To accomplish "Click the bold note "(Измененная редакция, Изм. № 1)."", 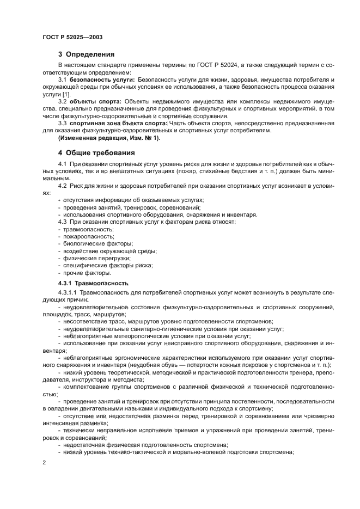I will click(x=109, y=138).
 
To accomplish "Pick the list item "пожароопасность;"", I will click(x=81, y=236).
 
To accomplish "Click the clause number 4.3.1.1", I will click(x=69, y=293).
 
